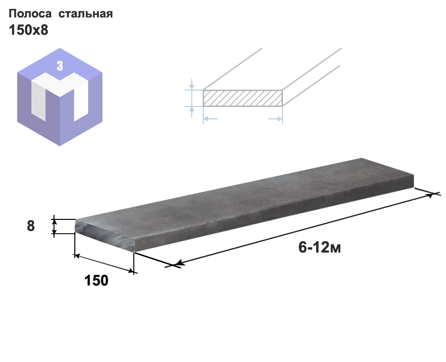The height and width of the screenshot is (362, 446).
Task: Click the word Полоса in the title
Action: [x=30, y=14]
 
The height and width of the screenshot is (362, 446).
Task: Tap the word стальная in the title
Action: [x=86, y=14]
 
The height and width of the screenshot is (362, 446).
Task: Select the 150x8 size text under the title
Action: [x=28, y=30]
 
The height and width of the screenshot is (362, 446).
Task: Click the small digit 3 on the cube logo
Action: [x=60, y=66]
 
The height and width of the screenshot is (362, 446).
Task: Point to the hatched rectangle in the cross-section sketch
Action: [x=243, y=98]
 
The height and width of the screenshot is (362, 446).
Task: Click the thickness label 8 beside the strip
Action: [x=31, y=226]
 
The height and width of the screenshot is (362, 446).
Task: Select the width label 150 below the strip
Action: [x=96, y=280]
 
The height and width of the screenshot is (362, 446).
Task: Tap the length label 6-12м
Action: [x=320, y=247]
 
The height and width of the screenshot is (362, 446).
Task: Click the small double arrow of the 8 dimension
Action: [x=54, y=226]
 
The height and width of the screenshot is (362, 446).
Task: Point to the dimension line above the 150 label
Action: [x=104, y=263]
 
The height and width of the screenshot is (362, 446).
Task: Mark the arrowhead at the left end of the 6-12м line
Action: [x=180, y=263]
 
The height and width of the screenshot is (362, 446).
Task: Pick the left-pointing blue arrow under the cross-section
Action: [x=211, y=119]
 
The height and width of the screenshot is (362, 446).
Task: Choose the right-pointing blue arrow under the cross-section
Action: [x=275, y=119]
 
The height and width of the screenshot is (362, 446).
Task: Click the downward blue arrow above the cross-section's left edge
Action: [x=192, y=84]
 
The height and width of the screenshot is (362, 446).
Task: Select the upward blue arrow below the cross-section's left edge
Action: [x=192, y=111]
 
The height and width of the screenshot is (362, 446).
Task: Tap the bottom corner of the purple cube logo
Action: [x=60, y=146]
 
